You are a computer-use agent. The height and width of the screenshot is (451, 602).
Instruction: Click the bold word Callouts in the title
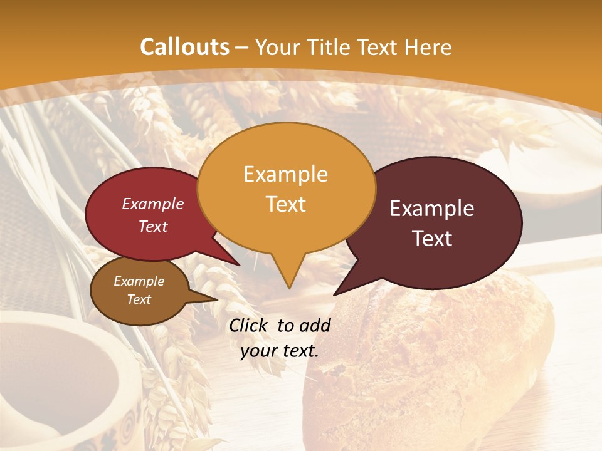(x=184, y=47)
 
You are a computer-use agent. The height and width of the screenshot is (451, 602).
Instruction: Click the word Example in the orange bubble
(x=285, y=174)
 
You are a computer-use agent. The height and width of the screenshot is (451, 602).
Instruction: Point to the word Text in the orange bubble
(x=285, y=204)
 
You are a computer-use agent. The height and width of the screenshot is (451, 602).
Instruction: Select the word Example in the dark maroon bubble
(x=432, y=209)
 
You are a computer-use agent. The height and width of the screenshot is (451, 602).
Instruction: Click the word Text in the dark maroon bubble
(x=432, y=239)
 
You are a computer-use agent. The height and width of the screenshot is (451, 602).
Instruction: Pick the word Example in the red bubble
(x=152, y=204)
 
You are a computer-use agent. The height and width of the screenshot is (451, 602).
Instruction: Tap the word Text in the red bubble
(x=152, y=227)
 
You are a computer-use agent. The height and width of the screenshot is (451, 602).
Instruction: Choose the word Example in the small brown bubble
(x=139, y=281)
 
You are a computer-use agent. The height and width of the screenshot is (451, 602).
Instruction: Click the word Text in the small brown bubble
(x=139, y=299)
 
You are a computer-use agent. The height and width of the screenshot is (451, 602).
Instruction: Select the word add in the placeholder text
(x=315, y=325)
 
